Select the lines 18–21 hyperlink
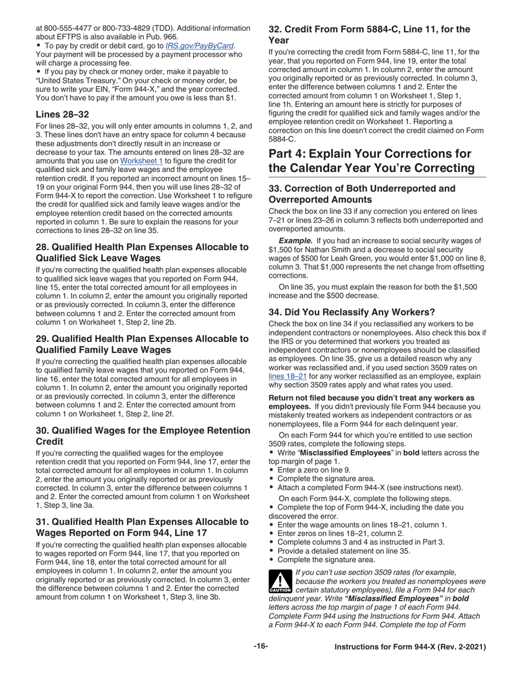287,376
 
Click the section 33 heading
362,194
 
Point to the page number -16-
260,647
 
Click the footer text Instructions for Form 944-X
410,647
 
